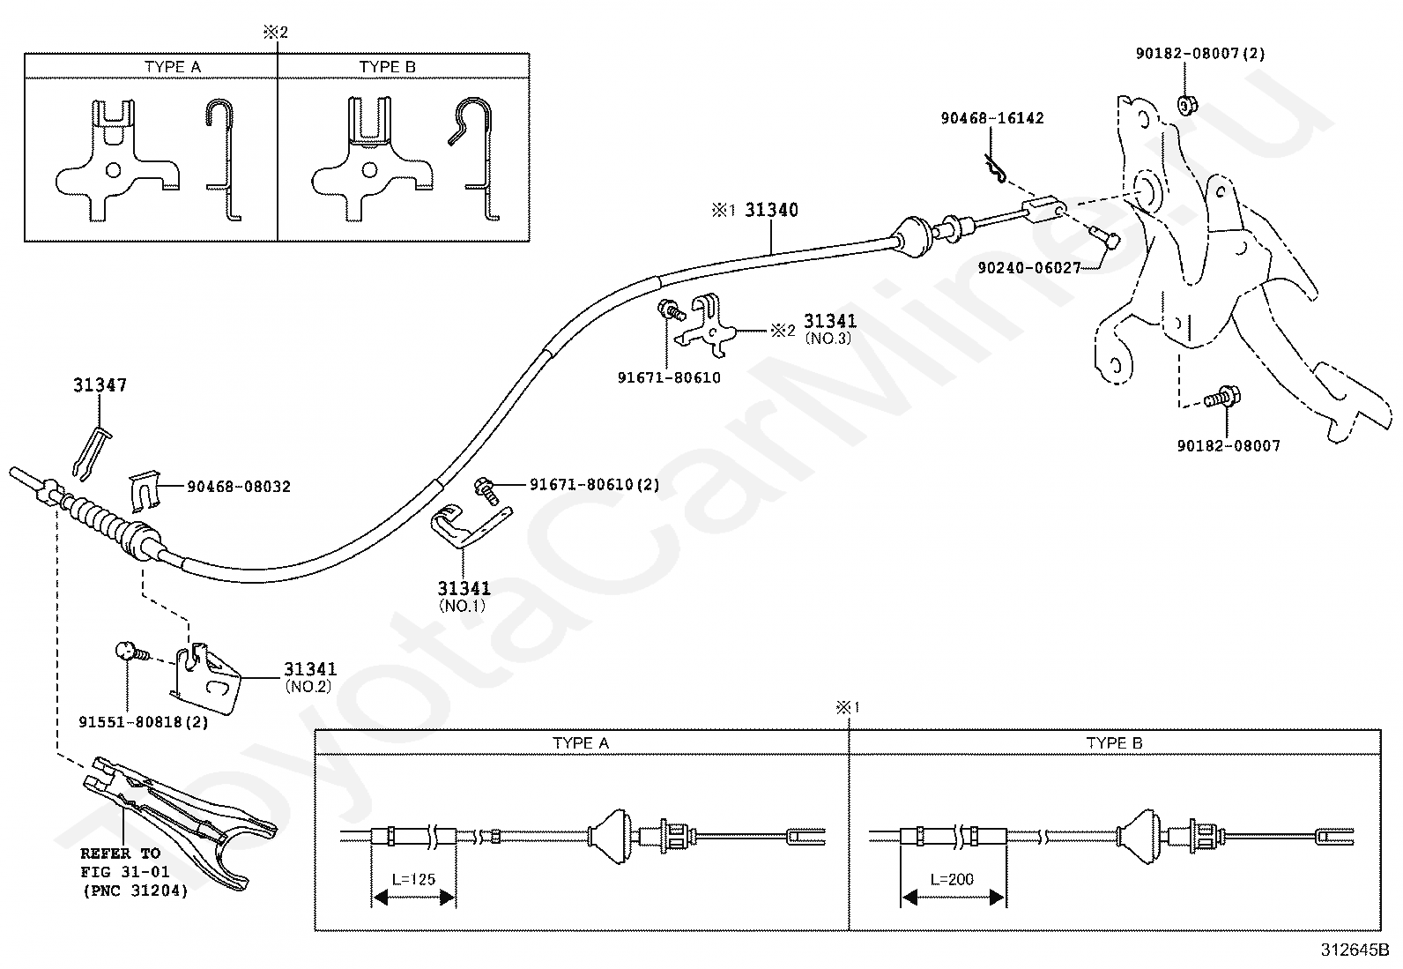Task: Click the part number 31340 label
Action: point(771,210)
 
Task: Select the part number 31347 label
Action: point(100,385)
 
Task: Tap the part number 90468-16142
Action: point(991,118)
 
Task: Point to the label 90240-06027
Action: point(1028,267)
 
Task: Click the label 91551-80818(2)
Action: point(144,721)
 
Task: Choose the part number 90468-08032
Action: point(238,486)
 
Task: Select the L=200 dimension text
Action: point(952,879)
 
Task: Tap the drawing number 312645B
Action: point(1354,950)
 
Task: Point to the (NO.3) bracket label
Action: point(828,339)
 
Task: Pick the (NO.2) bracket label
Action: point(308,686)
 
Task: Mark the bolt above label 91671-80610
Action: point(669,310)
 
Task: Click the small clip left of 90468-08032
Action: point(146,490)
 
